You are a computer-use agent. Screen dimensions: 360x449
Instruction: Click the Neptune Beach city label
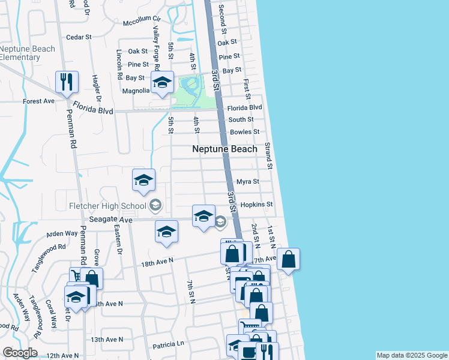point(224,149)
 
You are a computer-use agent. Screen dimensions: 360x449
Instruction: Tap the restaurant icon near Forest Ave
point(67,82)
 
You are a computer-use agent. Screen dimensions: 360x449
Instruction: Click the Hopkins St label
point(256,205)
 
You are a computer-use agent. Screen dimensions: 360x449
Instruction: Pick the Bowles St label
point(244,132)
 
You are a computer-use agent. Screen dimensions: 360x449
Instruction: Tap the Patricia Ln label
point(168,344)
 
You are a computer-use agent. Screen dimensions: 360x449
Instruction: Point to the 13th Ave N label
point(106,340)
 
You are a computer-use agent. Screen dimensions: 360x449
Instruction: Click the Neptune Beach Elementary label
point(28,53)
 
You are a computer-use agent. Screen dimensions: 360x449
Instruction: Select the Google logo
point(19,353)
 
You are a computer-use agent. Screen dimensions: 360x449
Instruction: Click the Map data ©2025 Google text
point(412,355)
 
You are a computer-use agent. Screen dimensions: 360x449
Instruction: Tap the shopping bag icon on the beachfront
point(288,260)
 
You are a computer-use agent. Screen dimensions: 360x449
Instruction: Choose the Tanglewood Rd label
point(48,257)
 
